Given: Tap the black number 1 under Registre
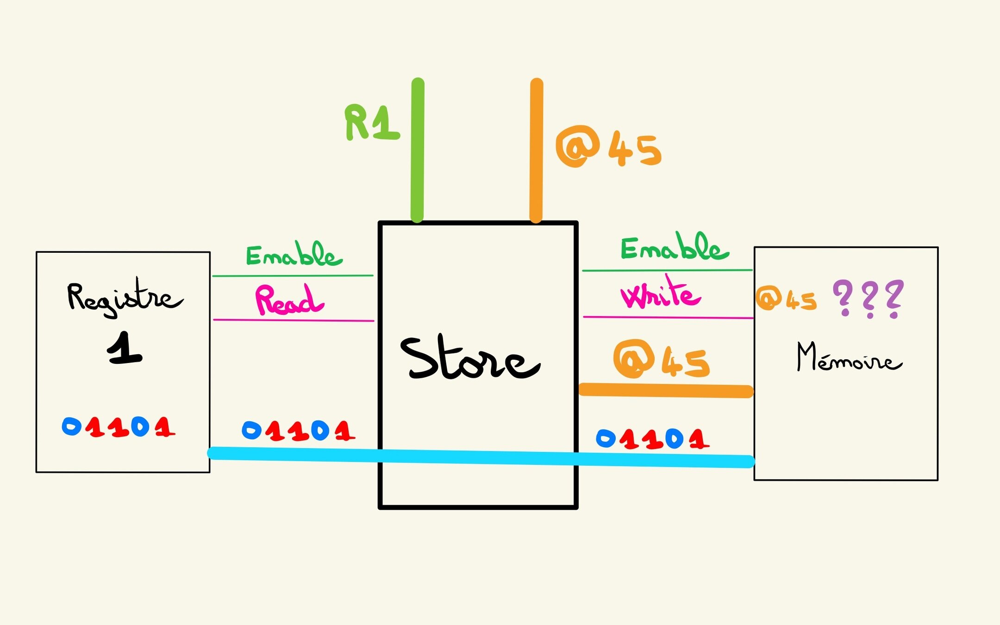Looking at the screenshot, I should [124, 348].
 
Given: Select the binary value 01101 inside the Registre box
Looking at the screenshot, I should [119, 427].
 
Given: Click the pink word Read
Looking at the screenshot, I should [289, 300].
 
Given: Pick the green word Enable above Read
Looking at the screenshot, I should [294, 254].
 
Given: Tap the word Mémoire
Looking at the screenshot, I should [849, 357].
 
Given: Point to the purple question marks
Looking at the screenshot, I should [868, 299].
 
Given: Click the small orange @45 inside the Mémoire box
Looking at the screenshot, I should [786, 299].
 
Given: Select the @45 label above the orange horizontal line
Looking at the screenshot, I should [661, 359].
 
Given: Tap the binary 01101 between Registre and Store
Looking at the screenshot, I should [299, 431].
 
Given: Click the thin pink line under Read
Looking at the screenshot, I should [294, 320].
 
